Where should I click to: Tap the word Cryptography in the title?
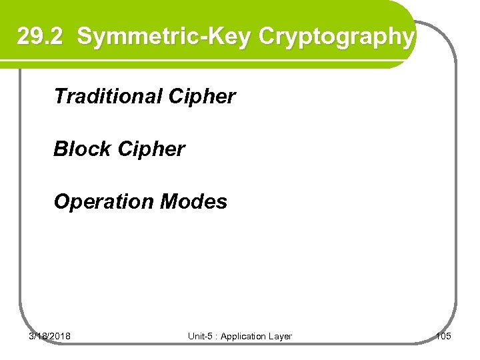point(335,37)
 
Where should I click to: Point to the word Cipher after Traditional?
point(202,97)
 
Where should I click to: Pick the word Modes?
point(197,201)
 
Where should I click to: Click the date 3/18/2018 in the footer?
point(50,336)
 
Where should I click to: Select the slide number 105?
point(443,336)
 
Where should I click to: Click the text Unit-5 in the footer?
point(199,337)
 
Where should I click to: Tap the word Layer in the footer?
point(280,337)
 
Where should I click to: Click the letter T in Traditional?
point(59,97)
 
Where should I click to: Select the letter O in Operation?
point(61,201)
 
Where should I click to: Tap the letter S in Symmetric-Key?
point(85,37)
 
